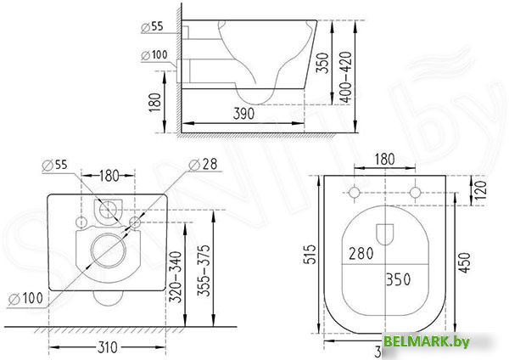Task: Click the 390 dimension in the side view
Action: (x=245, y=113)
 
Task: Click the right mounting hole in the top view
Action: (x=415, y=192)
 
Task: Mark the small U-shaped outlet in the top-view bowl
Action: (x=385, y=232)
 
